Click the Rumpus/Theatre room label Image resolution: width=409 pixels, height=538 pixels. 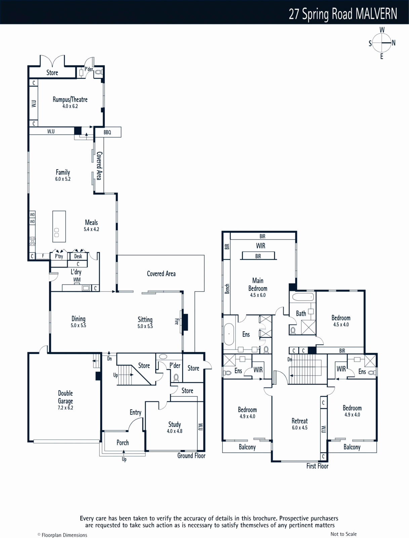(70, 100)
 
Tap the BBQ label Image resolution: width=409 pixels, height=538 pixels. (107, 132)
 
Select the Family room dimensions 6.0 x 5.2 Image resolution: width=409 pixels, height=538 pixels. (63, 179)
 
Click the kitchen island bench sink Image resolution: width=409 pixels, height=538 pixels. (56, 233)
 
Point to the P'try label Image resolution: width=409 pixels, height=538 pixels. (59, 256)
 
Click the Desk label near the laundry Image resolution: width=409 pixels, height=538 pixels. (78, 256)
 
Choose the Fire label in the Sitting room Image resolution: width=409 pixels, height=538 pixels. (176, 321)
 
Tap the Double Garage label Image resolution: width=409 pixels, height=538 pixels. (66, 397)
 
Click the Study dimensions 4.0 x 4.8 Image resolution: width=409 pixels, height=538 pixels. (175, 431)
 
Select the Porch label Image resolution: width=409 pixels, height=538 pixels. (122, 443)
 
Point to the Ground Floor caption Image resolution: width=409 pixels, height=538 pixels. (191, 456)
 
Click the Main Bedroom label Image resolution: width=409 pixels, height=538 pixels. (258, 284)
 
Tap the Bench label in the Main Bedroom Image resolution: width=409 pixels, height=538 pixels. (227, 289)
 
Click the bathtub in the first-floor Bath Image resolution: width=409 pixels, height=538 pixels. (303, 297)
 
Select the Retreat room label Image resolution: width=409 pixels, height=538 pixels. (299, 421)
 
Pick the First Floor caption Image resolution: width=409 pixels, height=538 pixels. (317, 466)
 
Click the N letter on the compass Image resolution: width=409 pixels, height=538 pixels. (394, 43)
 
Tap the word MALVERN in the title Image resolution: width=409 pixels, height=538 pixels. (376, 14)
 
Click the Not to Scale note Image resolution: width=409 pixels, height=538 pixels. (343, 534)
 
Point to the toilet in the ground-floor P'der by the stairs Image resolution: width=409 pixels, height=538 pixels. (176, 378)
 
